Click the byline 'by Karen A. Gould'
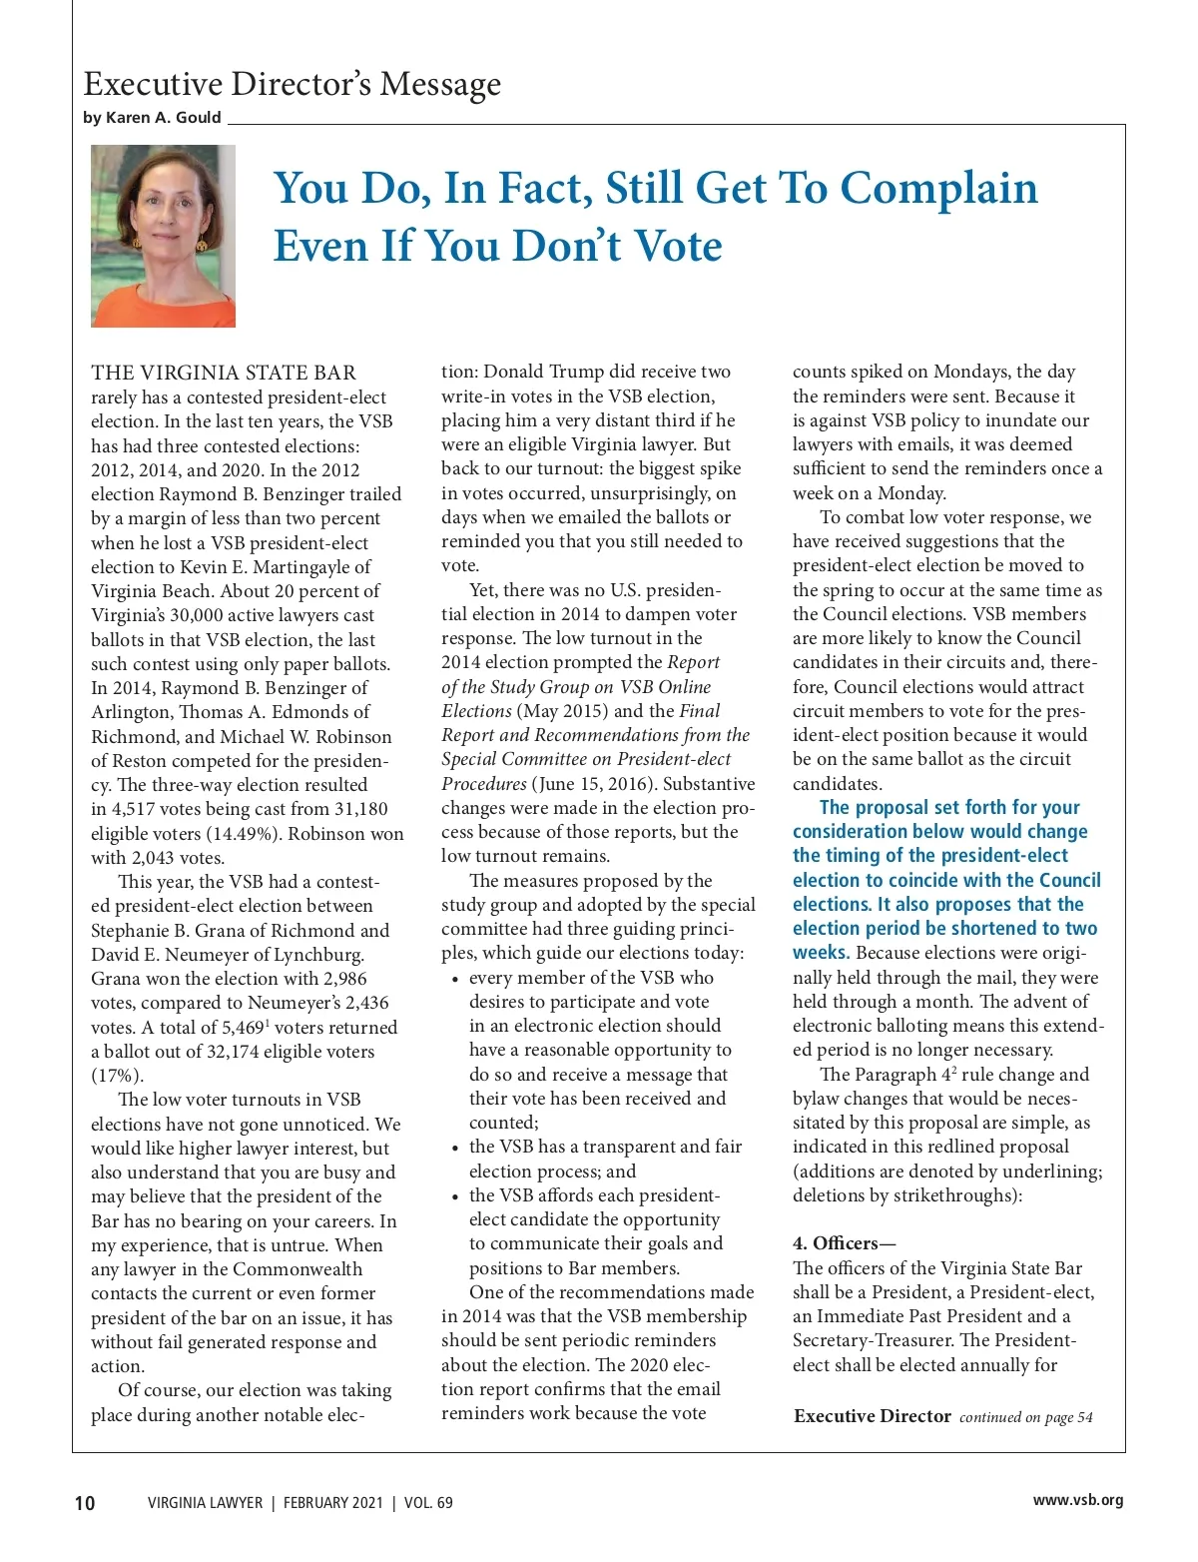point(152,118)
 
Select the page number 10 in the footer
point(85,1503)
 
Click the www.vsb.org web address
point(1077,1500)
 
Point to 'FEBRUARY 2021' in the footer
point(332,1503)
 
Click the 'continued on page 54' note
point(1025,1417)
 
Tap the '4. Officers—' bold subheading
point(845,1243)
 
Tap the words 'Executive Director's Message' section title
point(292,84)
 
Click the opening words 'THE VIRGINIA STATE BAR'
point(224,374)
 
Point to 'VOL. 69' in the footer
point(428,1503)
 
